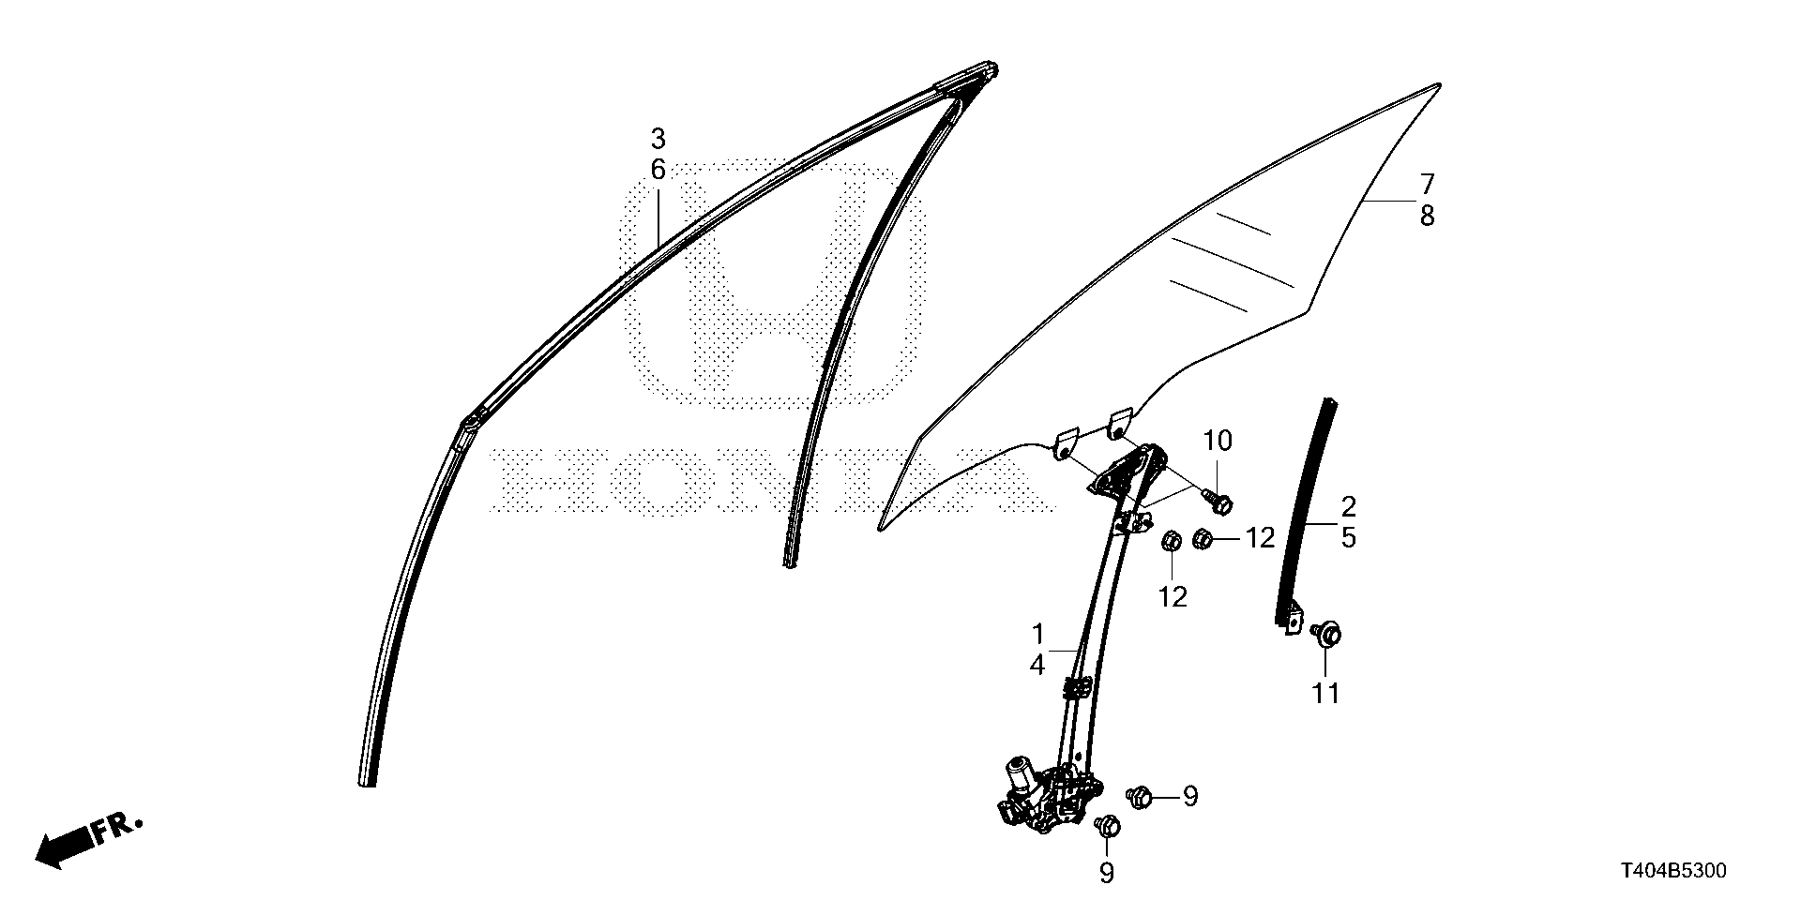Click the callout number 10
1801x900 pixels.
(1218, 441)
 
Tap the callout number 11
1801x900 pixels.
(1325, 694)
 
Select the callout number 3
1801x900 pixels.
(658, 140)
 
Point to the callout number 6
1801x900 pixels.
(658, 171)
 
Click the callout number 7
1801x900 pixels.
(1427, 184)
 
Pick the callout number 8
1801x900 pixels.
(1427, 217)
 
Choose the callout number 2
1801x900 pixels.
(1348, 507)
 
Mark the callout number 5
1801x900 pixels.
(1348, 539)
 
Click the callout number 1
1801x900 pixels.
(1037, 633)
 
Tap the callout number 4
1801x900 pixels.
(1037, 666)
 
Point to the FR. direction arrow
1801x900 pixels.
(89, 839)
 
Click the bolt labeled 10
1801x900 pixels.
(1218, 502)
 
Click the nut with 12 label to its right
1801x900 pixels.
(1203, 539)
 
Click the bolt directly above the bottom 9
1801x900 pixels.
(1108, 826)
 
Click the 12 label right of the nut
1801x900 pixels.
(1260, 538)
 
